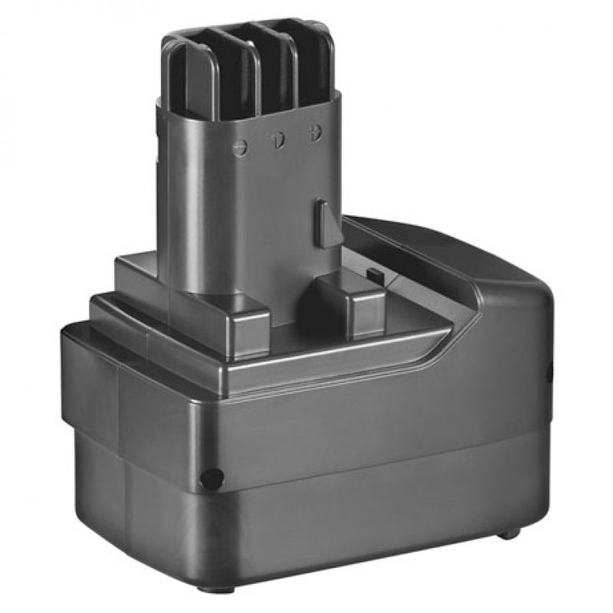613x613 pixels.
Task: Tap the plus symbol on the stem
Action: click(313, 131)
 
